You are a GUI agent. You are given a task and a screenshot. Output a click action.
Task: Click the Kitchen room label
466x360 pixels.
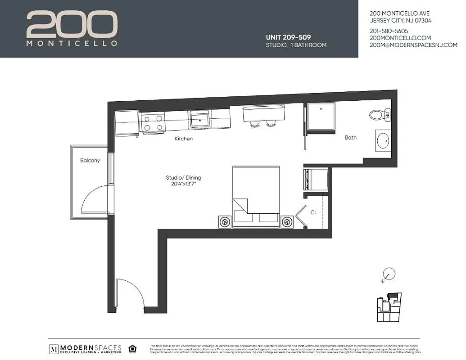click(x=184, y=139)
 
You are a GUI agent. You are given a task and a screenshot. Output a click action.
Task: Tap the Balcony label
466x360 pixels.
click(x=90, y=161)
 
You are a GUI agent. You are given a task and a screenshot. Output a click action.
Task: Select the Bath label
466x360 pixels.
click(x=351, y=138)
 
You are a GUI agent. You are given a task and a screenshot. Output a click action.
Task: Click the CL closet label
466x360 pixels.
click(x=314, y=212)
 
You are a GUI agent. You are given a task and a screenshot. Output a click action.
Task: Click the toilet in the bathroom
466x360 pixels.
click(x=379, y=115)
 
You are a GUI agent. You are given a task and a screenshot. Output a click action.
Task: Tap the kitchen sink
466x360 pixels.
click(x=199, y=121)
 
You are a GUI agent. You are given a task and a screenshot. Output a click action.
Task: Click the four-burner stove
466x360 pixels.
click(x=152, y=123)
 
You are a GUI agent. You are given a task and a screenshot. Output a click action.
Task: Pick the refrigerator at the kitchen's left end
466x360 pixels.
click(x=127, y=123)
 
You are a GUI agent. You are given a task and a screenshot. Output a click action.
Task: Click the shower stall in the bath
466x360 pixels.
click(x=320, y=117)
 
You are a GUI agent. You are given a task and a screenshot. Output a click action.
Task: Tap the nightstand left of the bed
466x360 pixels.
click(x=225, y=221)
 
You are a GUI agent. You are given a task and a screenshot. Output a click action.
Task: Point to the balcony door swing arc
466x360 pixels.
click(x=97, y=200)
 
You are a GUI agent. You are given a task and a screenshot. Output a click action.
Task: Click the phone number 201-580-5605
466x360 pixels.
click(x=389, y=31)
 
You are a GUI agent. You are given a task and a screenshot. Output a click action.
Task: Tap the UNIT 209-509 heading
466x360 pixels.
click(x=288, y=37)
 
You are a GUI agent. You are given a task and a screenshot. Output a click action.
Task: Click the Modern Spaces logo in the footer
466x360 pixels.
click(x=86, y=349)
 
